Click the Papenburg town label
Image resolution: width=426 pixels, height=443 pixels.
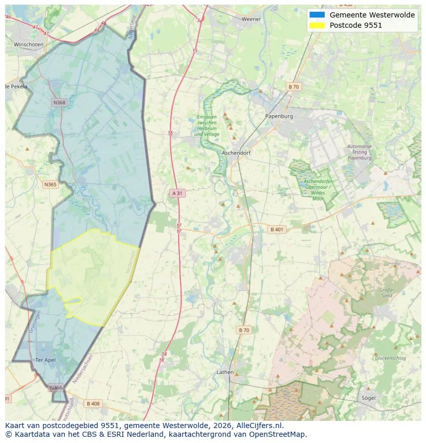[x=279, y=116]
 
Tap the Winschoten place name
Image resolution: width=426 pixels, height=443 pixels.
[x=28, y=45]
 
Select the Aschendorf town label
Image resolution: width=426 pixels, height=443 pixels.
[x=236, y=153]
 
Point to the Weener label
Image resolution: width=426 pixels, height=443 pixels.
[x=251, y=19]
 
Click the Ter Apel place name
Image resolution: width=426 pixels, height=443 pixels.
[x=45, y=360]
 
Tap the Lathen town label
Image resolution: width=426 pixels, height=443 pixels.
[x=225, y=372]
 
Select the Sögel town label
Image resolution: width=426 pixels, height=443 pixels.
[x=368, y=398]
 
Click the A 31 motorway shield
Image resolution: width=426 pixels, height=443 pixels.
[x=176, y=193]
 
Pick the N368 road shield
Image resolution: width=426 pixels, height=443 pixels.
[x=59, y=103]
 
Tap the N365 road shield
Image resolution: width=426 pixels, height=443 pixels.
[x=50, y=184]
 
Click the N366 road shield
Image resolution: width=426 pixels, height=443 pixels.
[x=56, y=387]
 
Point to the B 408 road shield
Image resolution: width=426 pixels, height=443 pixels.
[x=93, y=403]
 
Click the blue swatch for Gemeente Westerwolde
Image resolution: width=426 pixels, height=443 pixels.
[x=317, y=15]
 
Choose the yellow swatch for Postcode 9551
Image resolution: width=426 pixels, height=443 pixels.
[x=317, y=25]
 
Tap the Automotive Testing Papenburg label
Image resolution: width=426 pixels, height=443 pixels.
[x=359, y=152]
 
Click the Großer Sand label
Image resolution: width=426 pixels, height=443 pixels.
[x=386, y=293]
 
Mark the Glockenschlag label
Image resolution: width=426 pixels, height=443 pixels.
[x=390, y=358]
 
